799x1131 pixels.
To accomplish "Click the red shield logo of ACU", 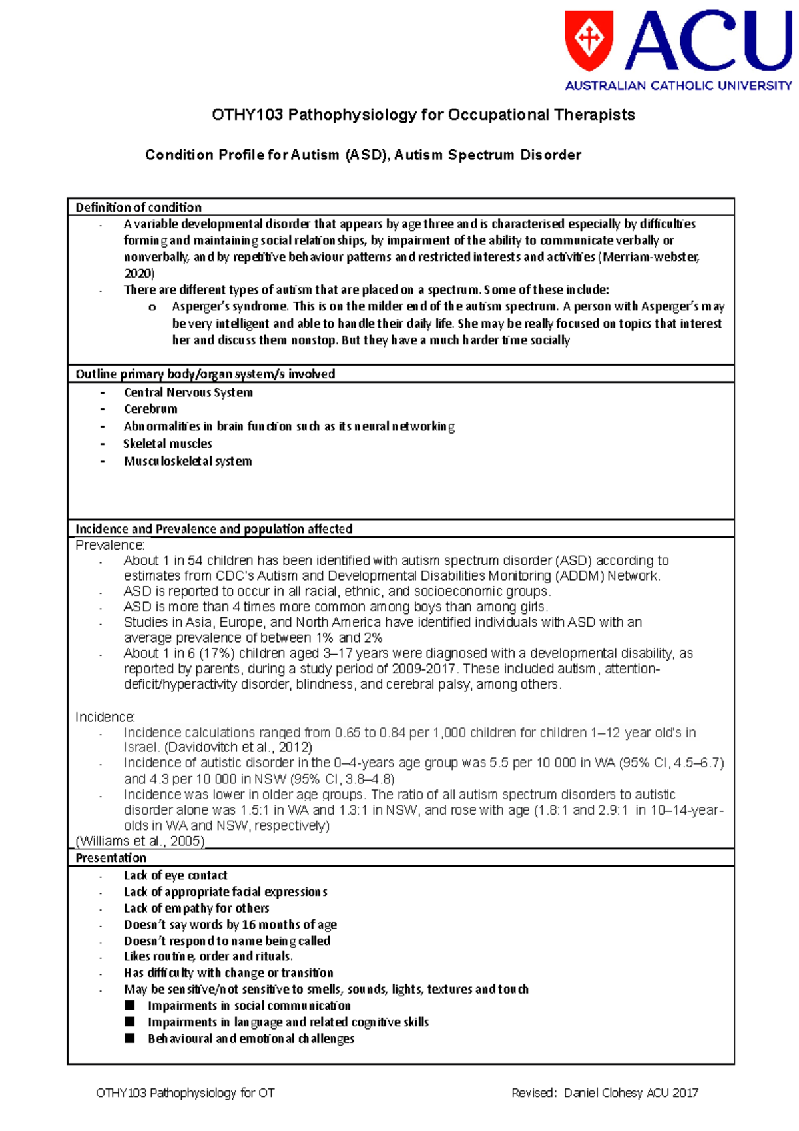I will (x=589, y=39).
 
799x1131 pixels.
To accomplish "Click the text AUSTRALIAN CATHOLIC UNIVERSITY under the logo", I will (x=678, y=85).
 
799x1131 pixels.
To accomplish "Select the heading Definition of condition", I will (x=138, y=207).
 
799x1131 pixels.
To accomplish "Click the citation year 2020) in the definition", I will (x=139, y=273).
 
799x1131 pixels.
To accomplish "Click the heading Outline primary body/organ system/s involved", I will (x=205, y=374).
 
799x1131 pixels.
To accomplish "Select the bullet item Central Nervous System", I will (x=188, y=392).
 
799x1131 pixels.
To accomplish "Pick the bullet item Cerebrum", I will (x=150, y=409).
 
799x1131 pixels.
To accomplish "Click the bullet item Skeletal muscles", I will (x=168, y=444).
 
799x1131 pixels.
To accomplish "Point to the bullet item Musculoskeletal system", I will (x=188, y=461).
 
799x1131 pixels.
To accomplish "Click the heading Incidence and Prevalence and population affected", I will (x=214, y=528).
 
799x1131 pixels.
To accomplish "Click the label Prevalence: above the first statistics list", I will (x=110, y=545).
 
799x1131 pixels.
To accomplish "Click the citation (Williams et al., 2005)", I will (x=140, y=841).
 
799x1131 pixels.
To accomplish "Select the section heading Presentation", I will (x=111, y=857).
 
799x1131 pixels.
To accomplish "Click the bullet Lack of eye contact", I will (x=175, y=875).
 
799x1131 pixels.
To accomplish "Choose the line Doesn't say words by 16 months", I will (x=230, y=925).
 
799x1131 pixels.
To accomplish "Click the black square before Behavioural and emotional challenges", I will (x=130, y=1038).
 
